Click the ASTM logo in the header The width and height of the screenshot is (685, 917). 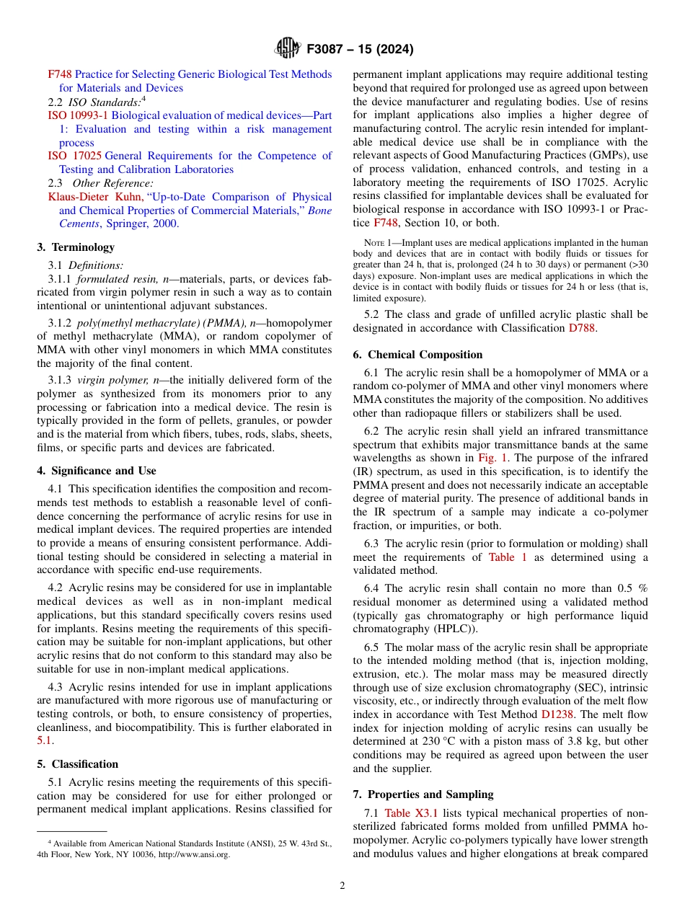(x=288, y=49)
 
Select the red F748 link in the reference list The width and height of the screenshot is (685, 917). (x=60, y=74)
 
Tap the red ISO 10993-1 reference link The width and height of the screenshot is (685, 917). (x=78, y=115)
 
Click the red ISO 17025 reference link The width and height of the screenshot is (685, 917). (x=75, y=156)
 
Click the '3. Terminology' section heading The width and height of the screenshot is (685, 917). (x=76, y=247)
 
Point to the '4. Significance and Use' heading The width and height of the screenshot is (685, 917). (x=97, y=471)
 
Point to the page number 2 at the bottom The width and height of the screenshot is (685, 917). (x=342, y=886)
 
